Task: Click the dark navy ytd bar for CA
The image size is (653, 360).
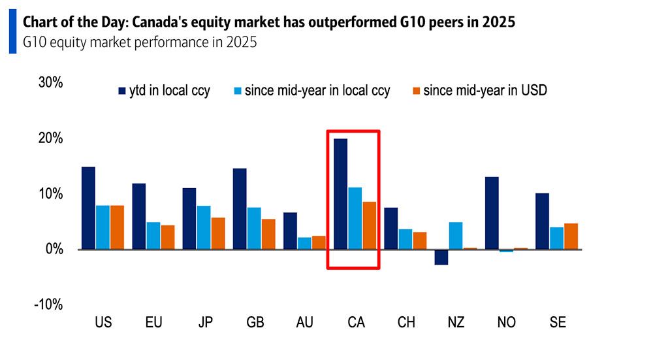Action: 340,193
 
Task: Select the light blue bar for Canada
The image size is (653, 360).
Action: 355,218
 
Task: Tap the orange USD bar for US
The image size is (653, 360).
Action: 117,227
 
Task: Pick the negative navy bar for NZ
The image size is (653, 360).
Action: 441,257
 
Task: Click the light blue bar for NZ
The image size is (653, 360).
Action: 456,236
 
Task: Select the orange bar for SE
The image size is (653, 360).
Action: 571,236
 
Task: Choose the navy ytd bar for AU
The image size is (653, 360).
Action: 290,231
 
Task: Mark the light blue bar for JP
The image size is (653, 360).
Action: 203,227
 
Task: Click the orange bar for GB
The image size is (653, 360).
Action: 268,234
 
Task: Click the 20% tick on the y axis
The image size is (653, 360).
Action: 50,139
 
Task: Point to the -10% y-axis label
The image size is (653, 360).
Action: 48,304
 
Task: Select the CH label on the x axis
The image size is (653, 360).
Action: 406,323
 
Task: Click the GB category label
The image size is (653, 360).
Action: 255,323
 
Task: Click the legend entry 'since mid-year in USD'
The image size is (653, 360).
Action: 485,91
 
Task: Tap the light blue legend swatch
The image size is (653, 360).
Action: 237,91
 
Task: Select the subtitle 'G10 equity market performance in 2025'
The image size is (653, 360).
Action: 139,44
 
